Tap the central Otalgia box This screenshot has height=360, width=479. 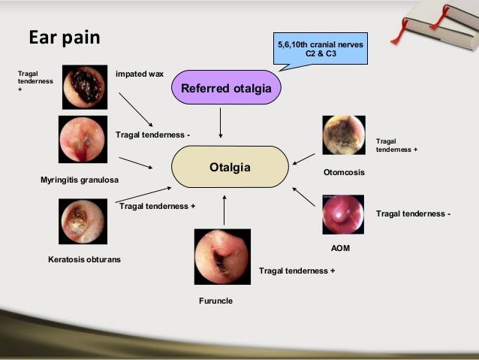coord(230,167)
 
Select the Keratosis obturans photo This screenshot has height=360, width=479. coord(82,220)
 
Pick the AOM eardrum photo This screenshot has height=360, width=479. coord(343,215)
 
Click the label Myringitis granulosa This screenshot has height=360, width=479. coord(80,180)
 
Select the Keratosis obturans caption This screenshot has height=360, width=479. coord(84,259)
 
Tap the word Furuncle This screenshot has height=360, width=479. coord(215,301)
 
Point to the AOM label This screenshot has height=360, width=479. coord(341,247)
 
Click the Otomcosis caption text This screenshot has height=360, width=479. coord(344,173)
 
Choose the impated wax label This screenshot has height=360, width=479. coord(140,74)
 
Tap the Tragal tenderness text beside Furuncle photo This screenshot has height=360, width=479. coord(297,270)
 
